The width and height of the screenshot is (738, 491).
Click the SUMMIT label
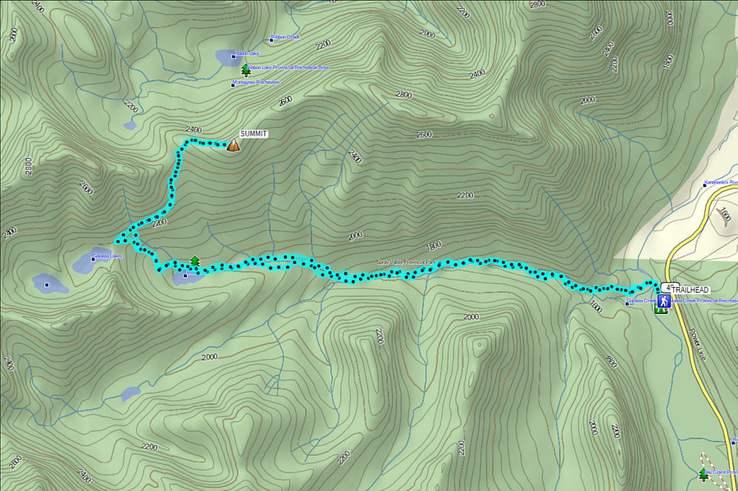point(253,134)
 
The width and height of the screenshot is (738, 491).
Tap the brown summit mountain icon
point(233,145)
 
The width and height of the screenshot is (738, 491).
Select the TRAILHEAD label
point(691,290)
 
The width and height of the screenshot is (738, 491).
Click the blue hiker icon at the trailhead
point(663,302)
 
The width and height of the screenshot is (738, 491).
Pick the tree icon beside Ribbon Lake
point(244,70)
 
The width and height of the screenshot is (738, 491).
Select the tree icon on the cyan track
point(194,261)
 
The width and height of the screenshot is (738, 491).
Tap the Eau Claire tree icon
point(703,474)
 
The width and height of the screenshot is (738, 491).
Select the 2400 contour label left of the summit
point(194,130)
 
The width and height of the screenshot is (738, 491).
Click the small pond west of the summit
point(130,125)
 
